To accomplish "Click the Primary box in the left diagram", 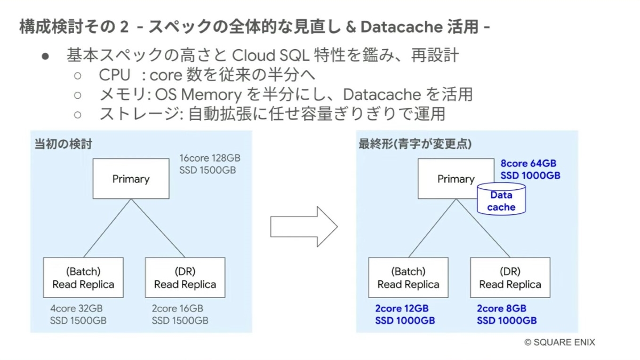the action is point(131,179).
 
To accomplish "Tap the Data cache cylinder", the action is point(501,199).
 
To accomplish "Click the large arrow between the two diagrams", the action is point(303,227).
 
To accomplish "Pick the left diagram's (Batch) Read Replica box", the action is point(83,277).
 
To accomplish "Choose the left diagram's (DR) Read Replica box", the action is point(185,277).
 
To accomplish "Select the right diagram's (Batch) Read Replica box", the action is point(409,277).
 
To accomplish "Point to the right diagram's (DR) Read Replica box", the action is point(510,277).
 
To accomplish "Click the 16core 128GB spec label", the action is point(210,158).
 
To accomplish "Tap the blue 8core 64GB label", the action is point(529,163).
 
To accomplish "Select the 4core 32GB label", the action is point(76,309).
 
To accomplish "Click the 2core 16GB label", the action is point(178,309).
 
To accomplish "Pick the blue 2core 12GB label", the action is point(402,309).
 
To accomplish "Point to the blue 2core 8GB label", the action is point(501,309).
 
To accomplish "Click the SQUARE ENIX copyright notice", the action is point(559,342).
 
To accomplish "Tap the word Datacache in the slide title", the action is point(402,27).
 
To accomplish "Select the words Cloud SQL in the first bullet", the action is point(270,55).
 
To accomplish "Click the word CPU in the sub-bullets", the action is point(115,75).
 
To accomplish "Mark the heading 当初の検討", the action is point(63,143).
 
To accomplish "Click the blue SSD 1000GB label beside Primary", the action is point(530,175).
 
